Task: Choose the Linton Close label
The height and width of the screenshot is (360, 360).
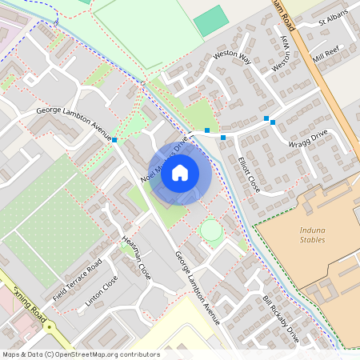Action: click(x=102, y=291)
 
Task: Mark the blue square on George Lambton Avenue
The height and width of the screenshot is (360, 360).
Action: click(x=115, y=140)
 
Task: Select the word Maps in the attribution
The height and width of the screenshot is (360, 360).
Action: click(x=12, y=354)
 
